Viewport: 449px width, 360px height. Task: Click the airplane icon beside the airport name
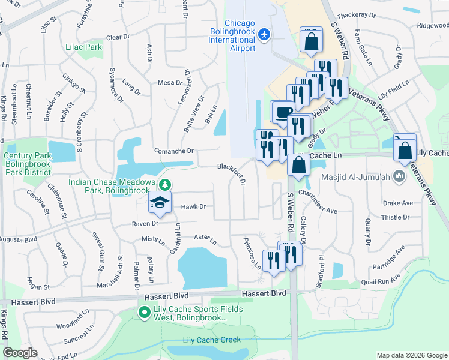coord(264,34)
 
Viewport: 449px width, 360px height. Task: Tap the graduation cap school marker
coord(160,202)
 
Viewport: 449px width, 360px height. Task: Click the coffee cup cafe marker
coord(283,111)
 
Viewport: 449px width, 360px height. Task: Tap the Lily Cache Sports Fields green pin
coord(144,312)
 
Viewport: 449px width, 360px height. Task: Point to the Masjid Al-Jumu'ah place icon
coord(397,176)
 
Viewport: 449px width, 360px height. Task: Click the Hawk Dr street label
coord(194,206)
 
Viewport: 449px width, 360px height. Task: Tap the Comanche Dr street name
coord(173,151)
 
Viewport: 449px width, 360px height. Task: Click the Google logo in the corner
coord(20,352)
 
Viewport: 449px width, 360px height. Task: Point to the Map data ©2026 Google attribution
coord(412,355)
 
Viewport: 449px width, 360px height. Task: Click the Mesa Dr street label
coord(170,83)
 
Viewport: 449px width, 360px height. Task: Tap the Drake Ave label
coord(399,203)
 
